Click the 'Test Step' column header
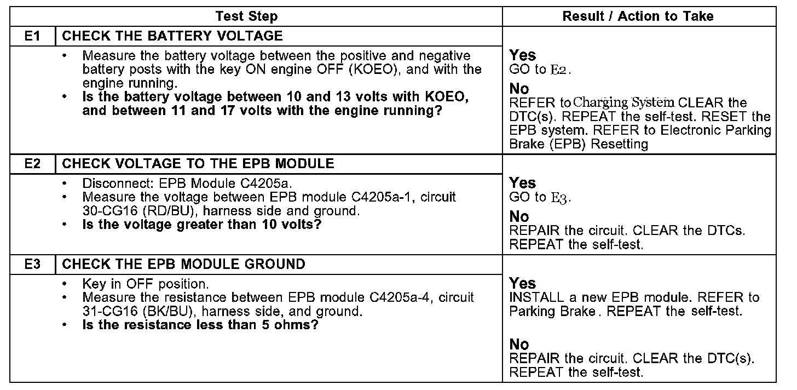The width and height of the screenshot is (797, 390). click(x=246, y=16)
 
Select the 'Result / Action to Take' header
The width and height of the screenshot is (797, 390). click(x=638, y=16)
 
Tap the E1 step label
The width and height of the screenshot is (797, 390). click(x=33, y=36)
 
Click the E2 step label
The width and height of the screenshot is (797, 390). click(x=33, y=163)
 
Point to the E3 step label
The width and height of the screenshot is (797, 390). click(x=33, y=264)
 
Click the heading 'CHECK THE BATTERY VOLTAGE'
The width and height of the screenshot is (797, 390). click(x=172, y=36)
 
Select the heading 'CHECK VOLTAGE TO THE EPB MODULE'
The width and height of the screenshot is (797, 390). click(x=198, y=163)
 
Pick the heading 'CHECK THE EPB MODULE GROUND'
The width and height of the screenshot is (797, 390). click(x=184, y=264)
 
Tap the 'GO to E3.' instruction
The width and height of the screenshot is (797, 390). click(x=540, y=197)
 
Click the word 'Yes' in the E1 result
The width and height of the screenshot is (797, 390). click(x=523, y=55)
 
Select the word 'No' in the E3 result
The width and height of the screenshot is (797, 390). click(x=519, y=344)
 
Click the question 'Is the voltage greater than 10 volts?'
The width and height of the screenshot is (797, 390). click(x=201, y=225)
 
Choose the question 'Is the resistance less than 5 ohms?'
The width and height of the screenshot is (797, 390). click(x=200, y=325)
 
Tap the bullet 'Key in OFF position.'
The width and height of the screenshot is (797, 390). click(x=146, y=284)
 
